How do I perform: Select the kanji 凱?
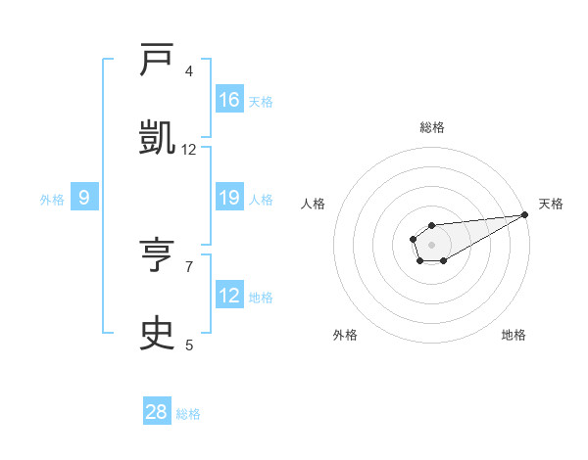pos(157,136)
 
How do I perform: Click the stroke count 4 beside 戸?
pos(189,71)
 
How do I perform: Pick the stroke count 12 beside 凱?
pos(189,149)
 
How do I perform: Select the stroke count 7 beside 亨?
pos(189,265)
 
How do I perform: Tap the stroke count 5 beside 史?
pos(189,345)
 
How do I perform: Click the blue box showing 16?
pos(229,100)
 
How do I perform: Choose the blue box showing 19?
pos(229,199)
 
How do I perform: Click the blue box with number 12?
pos(229,296)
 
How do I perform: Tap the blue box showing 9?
pos(84,199)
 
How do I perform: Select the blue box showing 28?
pos(157,412)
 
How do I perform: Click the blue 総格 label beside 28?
pos(188,414)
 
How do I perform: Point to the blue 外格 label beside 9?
pos(52,200)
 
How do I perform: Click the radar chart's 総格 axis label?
pos(431,127)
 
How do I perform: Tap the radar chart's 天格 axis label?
pos(551,204)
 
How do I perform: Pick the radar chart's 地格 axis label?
pos(514,335)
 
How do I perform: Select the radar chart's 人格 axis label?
pos(313,204)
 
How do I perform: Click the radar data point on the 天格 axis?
pos(524,214)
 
